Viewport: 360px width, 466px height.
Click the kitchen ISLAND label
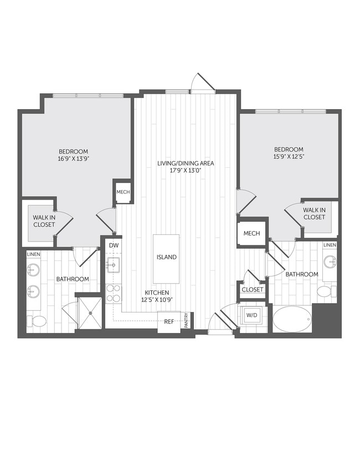coord(166,257)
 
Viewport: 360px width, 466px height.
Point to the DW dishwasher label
coord(114,245)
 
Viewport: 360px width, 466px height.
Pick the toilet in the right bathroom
coord(325,291)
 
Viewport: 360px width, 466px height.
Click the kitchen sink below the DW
coord(114,265)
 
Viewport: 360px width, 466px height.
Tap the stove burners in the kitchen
coord(114,293)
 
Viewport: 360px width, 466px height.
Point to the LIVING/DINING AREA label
coord(185,163)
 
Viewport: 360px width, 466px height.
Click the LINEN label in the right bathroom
coord(330,245)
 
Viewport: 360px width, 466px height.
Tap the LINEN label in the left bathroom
coord(33,254)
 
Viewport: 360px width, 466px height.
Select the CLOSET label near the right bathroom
coord(253,290)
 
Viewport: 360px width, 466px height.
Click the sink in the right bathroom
coord(330,261)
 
